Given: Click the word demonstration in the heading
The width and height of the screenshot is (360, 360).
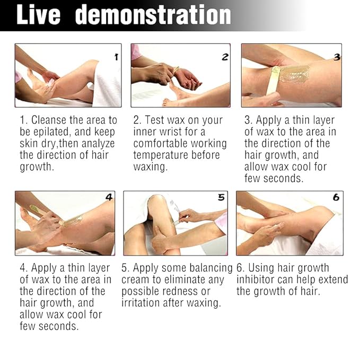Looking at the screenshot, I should click(153, 15).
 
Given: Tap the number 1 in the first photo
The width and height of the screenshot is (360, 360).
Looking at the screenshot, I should click(116, 56).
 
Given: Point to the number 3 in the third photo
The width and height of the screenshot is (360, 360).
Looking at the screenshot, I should click(337, 56).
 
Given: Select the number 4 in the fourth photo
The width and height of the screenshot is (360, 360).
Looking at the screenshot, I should click(109, 197).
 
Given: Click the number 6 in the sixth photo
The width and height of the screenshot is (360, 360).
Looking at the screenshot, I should click(335, 197).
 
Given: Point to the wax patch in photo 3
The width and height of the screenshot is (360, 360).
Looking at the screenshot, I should click(295, 73).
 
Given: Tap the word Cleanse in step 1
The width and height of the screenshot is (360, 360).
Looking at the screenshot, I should click(53, 120).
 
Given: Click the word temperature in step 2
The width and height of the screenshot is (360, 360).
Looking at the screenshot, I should click(160, 155).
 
